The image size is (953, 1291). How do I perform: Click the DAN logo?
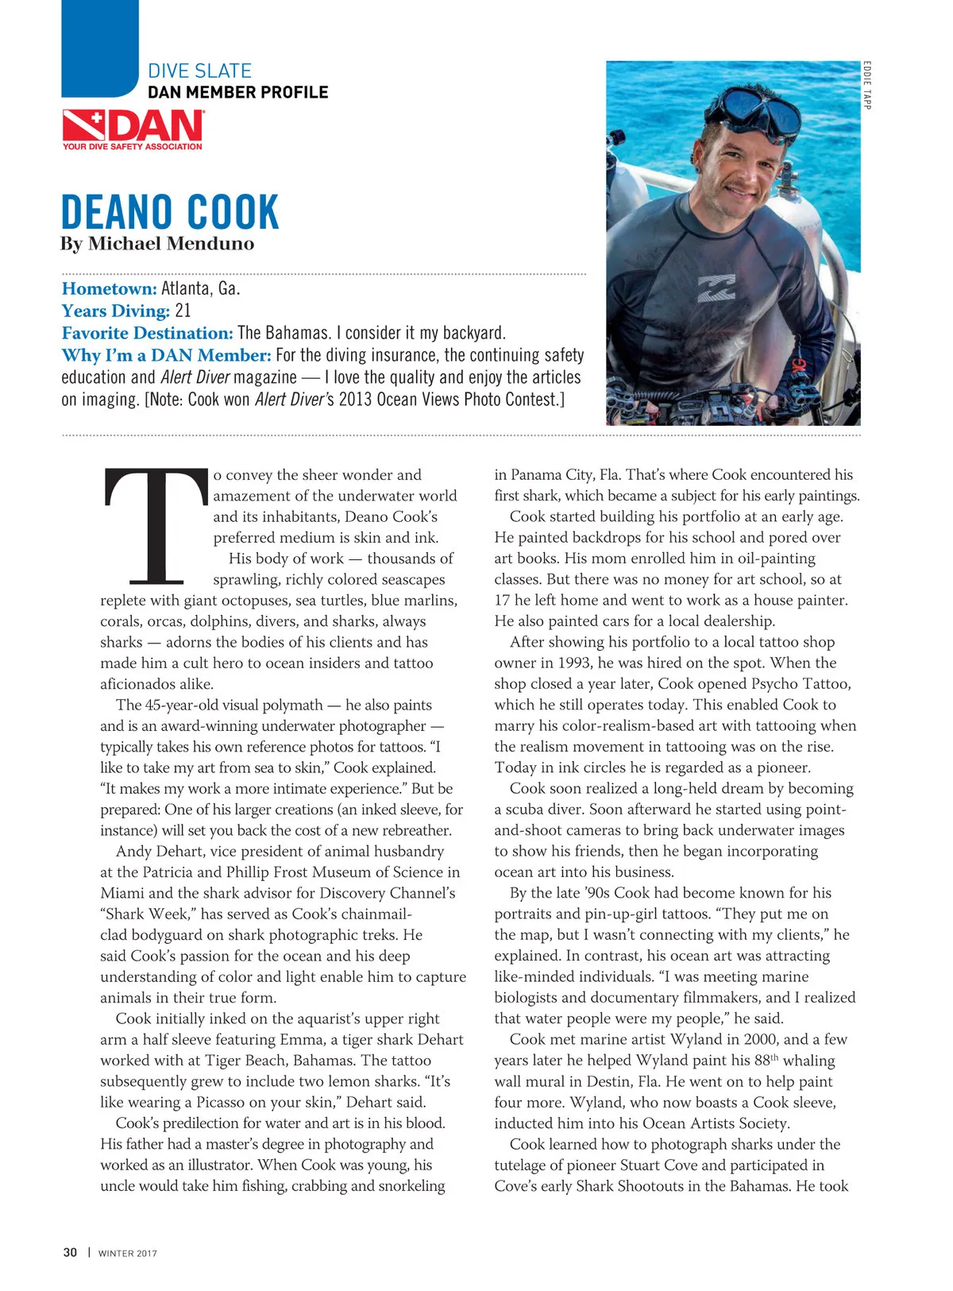133,126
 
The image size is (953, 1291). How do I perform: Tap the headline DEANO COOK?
170,212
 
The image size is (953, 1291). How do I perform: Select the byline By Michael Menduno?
157,244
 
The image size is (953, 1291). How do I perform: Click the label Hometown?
109,288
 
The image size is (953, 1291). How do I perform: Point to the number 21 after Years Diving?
183,311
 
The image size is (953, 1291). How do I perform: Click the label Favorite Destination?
147,333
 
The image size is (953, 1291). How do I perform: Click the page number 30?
70,1253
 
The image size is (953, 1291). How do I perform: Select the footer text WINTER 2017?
127,1254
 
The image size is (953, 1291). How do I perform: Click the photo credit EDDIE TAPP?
867,85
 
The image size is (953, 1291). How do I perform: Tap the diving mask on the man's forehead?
750,109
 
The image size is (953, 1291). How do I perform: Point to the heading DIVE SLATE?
199,71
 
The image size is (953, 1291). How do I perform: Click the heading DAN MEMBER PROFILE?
237,92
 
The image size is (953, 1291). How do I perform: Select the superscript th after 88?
776,1057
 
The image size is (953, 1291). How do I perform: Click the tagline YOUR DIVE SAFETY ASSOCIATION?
133,146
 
